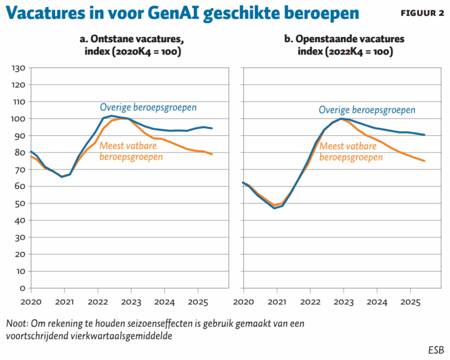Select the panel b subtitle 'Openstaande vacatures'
(344, 39)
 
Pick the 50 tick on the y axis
(18, 204)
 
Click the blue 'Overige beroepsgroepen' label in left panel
(148, 108)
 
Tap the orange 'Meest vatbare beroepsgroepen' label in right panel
(352, 152)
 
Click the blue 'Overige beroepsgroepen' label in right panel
(367, 110)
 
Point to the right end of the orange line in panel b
(425, 161)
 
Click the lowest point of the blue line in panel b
(274, 208)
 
